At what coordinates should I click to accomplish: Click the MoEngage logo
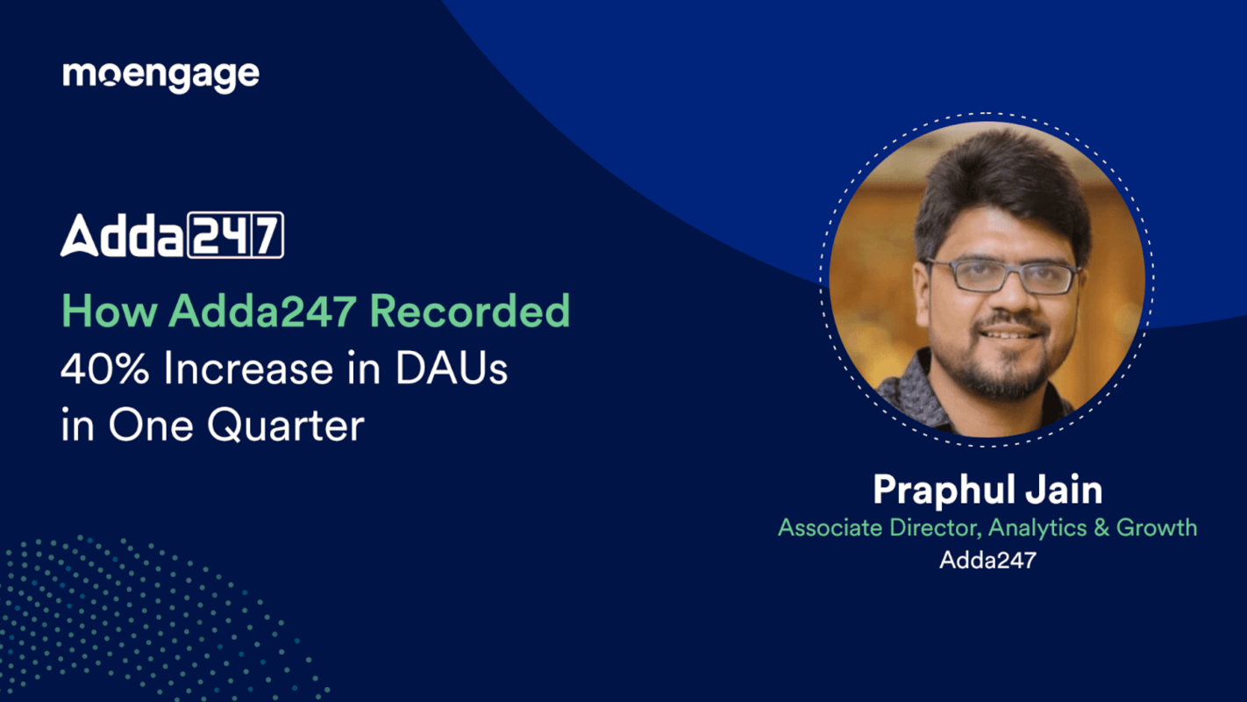click(160, 75)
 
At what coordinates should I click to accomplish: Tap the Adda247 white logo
click(172, 235)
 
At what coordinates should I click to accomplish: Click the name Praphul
click(951, 490)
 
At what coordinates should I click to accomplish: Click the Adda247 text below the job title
click(987, 560)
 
